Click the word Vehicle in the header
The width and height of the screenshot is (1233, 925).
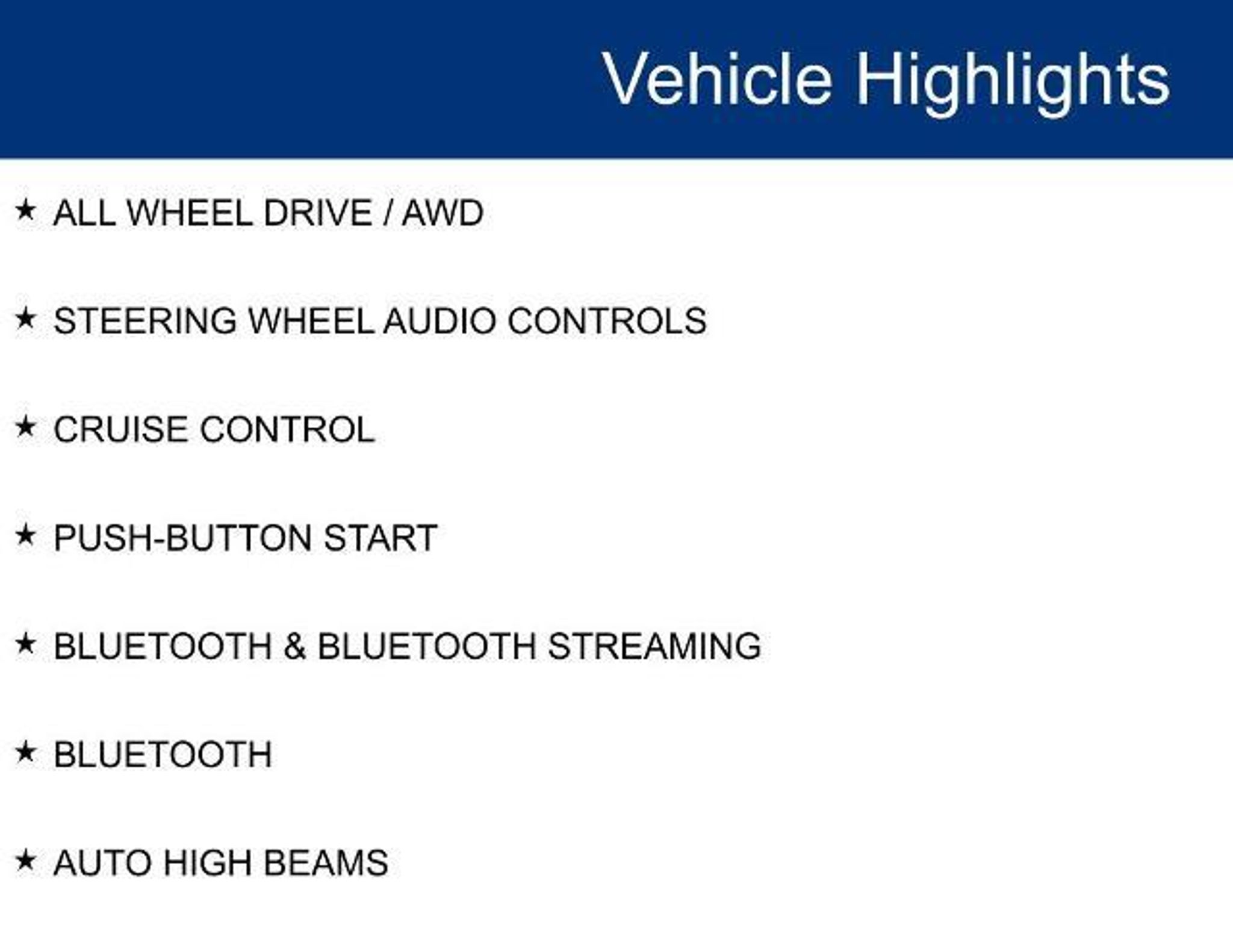[717, 79]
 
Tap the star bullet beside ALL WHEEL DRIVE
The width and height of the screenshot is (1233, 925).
[26, 210]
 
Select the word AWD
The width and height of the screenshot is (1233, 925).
[443, 213]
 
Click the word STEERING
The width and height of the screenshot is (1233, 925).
[145, 321]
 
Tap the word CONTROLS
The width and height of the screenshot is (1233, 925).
[607, 321]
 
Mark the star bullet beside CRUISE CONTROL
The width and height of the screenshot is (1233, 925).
[26, 427]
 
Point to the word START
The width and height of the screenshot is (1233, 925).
[380, 538]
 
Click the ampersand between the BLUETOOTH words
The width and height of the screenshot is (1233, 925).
[294, 646]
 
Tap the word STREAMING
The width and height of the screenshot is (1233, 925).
[654, 646]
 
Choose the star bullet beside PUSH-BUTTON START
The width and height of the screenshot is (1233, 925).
[26, 535]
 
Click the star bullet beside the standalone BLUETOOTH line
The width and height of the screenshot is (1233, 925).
[26, 752]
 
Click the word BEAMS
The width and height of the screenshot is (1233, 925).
[326, 863]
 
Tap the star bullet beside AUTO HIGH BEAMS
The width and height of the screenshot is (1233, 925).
[26, 861]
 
